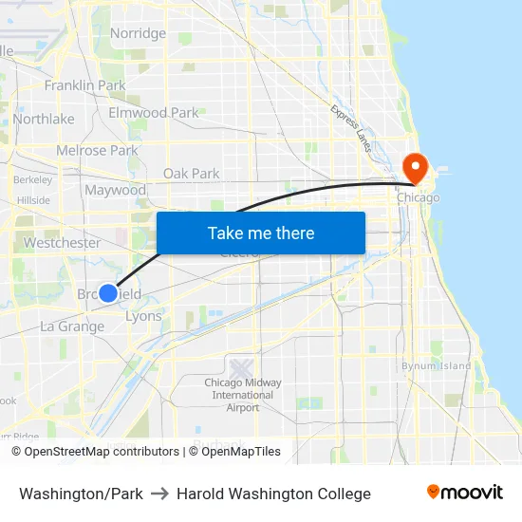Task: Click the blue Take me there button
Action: click(x=261, y=233)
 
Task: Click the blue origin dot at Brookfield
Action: click(x=109, y=294)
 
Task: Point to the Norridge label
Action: click(x=138, y=33)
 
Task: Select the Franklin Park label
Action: click(x=84, y=85)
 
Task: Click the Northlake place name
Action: click(x=44, y=119)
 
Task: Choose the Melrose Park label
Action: click(x=97, y=150)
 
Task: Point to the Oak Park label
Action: click(x=191, y=174)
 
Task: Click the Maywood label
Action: click(x=116, y=190)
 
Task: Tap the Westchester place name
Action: click(x=62, y=243)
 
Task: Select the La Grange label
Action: click(x=72, y=326)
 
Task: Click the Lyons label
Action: click(x=143, y=317)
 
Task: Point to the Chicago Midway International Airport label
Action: click(x=243, y=395)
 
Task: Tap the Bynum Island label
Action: click(x=436, y=365)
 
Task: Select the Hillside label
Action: click(x=33, y=200)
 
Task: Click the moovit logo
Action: click(x=464, y=493)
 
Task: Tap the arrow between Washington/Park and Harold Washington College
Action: click(x=159, y=494)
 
